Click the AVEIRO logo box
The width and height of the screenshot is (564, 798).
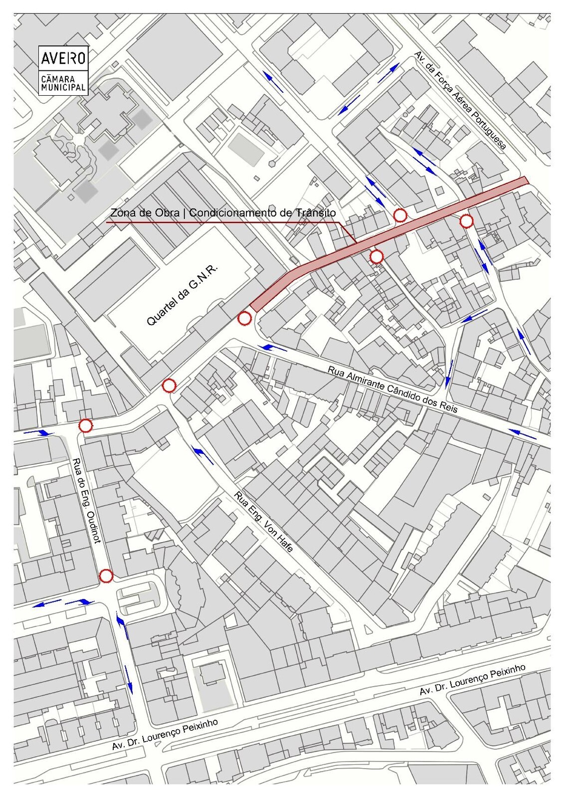click(x=63, y=59)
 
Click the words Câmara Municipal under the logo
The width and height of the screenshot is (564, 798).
click(x=63, y=83)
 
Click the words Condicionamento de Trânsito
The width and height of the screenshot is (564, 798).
click(x=262, y=213)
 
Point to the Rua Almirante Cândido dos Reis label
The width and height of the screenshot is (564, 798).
click(x=392, y=390)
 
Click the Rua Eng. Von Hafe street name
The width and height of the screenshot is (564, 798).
click(x=264, y=522)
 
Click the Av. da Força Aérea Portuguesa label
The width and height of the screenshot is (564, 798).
click(x=460, y=101)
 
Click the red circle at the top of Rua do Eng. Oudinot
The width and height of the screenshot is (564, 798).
click(x=86, y=425)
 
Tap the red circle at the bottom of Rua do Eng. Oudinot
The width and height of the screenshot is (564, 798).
click(x=106, y=576)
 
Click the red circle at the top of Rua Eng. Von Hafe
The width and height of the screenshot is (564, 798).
click(x=169, y=386)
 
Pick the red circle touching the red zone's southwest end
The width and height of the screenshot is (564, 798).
click(x=244, y=318)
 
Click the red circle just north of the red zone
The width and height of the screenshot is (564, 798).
click(x=400, y=215)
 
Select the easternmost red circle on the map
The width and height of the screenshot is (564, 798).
click(x=466, y=221)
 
